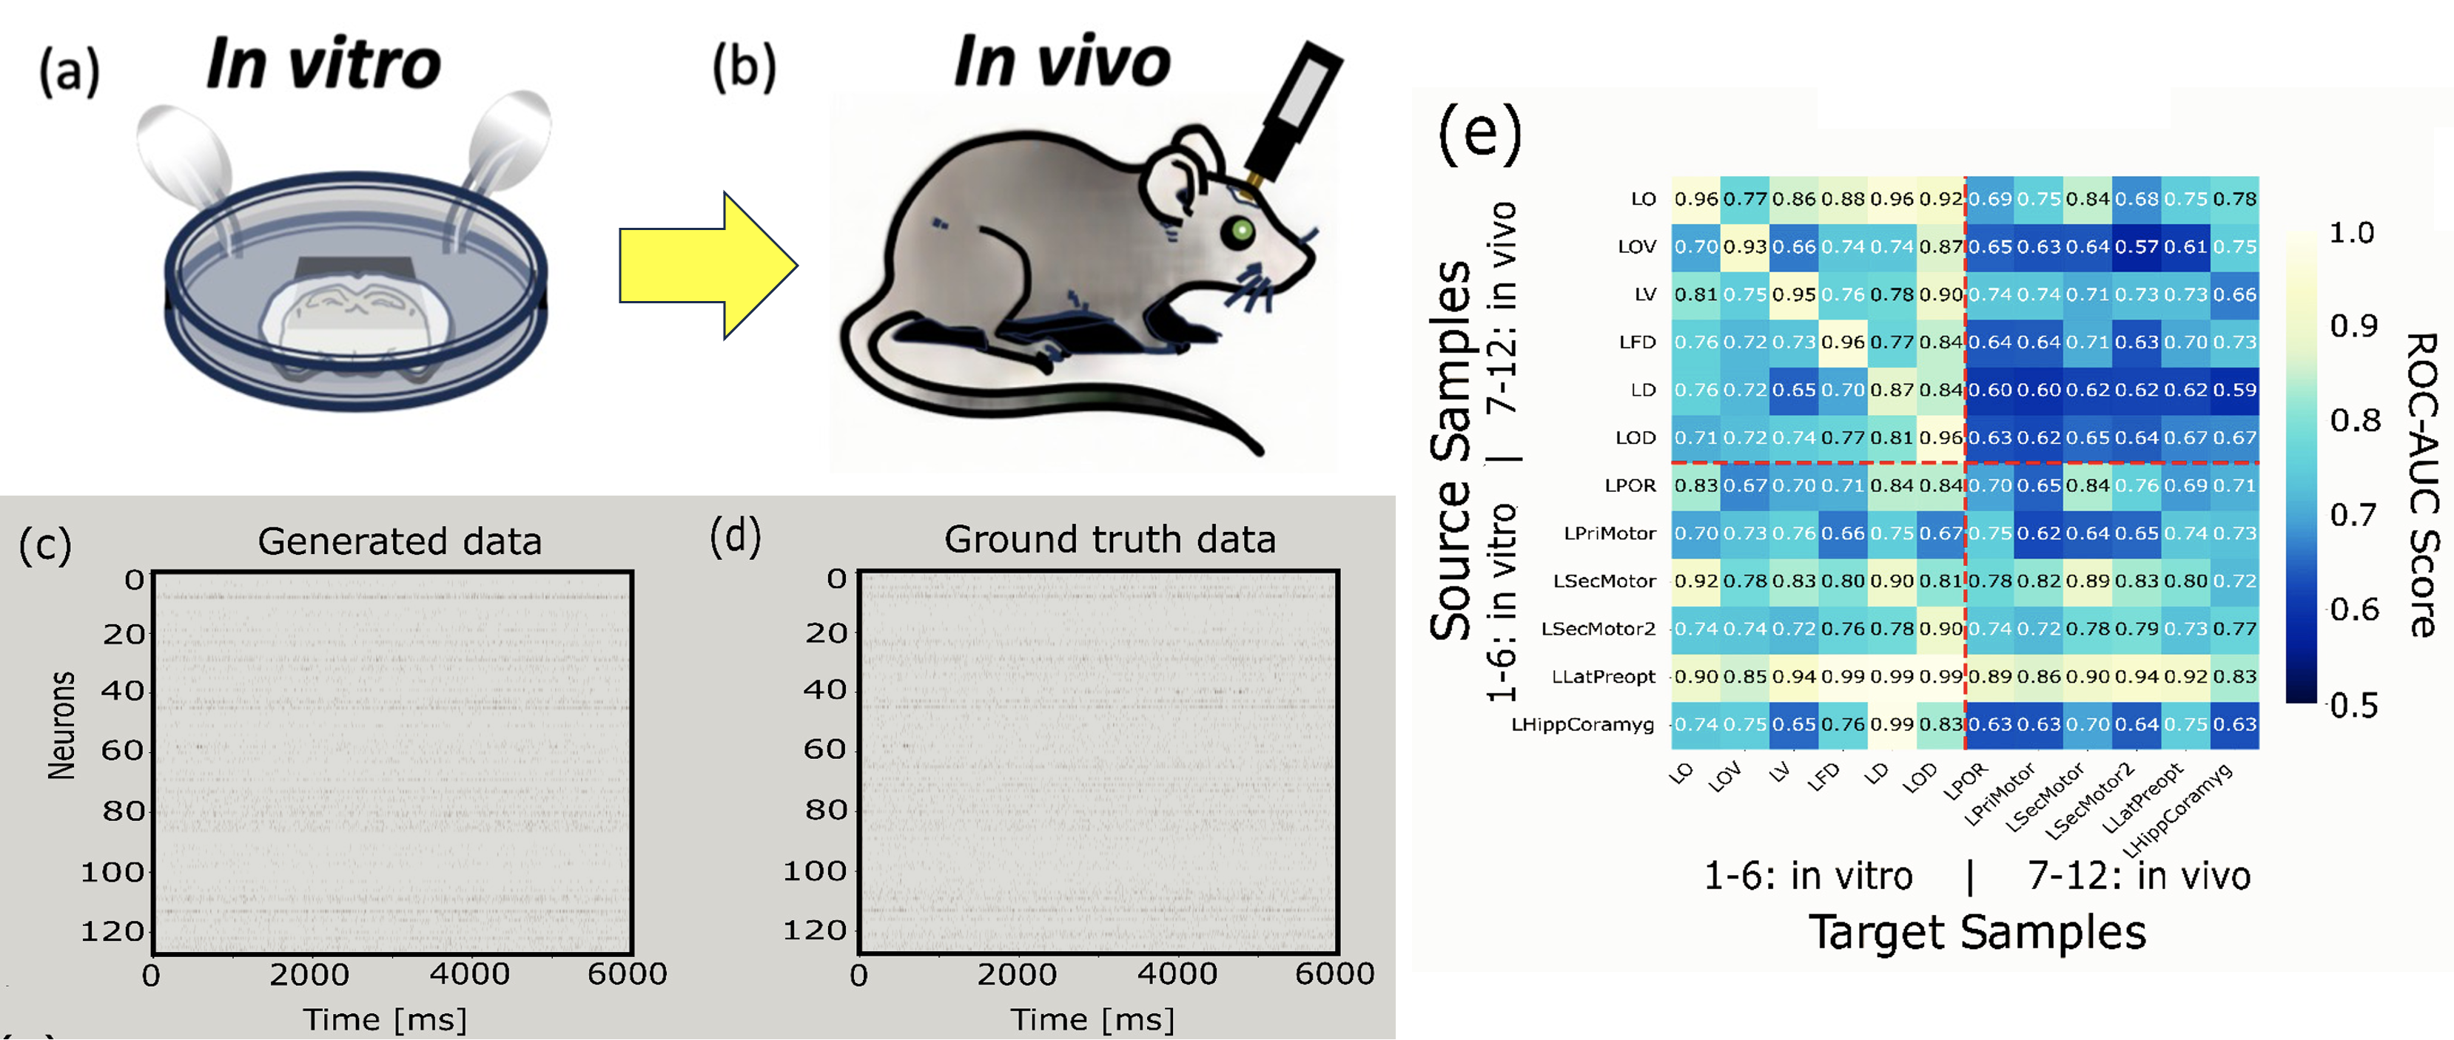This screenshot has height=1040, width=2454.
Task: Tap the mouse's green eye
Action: click(x=1240, y=229)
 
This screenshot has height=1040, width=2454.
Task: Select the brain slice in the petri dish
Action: click(x=354, y=314)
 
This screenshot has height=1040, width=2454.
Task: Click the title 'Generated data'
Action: click(x=399, y=541)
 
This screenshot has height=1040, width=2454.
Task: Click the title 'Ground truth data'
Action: click(x=1109, y=539)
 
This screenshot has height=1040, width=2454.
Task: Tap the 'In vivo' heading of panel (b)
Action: click(x=1061, y=62)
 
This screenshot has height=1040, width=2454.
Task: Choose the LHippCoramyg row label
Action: click(x=1582, y=724)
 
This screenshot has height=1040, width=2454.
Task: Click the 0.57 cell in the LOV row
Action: click(x=2136, y=246)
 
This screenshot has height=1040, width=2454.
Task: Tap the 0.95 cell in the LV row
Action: click(x=1794, y=294)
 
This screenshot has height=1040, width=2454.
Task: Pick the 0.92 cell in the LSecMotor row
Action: click(x=1695, y=581)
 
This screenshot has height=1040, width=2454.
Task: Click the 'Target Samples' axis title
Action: click(x=1977, y=931)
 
